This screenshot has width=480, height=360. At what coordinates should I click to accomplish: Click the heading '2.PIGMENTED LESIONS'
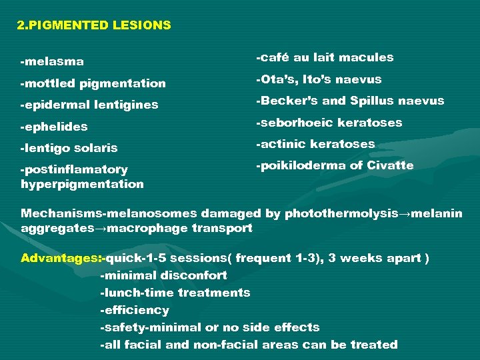[x=94, y=26]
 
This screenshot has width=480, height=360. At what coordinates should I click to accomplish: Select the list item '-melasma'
[x=53, y=62]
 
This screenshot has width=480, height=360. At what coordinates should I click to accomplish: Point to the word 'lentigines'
[x=127, y=105]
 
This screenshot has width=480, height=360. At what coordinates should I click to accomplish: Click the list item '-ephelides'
[x=55, y=127]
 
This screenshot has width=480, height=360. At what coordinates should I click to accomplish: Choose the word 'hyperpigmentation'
[x=82, y=184]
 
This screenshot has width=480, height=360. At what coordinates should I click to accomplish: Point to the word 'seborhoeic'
[x=295, y=123]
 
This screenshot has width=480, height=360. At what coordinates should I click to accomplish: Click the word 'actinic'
[x=283, y=144]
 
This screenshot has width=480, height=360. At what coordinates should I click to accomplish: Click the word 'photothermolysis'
[x=339, y=214]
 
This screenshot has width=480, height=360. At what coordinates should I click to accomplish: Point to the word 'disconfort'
[x=193, y=275]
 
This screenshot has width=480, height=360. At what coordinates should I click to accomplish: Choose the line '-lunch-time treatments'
[x=175, y=293]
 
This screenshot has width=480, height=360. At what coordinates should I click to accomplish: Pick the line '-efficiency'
[x=134, y=310]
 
